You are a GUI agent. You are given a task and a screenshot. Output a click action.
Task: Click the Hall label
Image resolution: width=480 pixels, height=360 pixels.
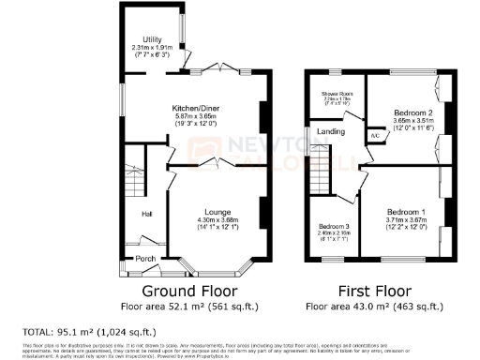point(147,214)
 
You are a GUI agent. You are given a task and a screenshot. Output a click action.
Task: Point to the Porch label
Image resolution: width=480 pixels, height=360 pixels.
point(145,259)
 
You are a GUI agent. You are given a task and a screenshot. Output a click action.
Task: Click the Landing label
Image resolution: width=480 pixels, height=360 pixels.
point(329,132)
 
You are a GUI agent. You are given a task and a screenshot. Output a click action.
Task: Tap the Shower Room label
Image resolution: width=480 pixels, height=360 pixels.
point(337,94)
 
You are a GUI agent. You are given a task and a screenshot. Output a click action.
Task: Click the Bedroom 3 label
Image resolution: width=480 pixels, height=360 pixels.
point(333,227)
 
